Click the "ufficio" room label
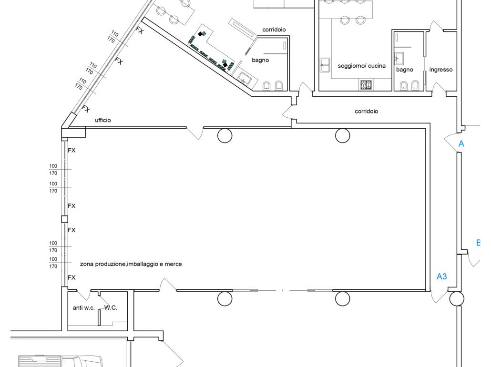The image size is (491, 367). coord(102,120)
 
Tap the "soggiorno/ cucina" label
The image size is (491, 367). coord(361,66)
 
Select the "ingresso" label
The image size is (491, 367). coord(440,70)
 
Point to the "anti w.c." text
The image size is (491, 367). coord(83,308)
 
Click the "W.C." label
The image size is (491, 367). coord(111,308)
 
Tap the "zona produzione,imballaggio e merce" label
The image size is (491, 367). coord(131,264)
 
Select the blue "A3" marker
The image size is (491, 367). coord(441,276)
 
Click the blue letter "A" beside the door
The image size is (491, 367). coord(461,144)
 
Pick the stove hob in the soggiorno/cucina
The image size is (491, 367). coord(366,84)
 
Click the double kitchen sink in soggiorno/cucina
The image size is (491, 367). coord(325,65)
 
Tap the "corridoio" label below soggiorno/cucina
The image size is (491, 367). coord(367,111)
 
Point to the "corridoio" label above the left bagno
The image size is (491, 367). coord(274,30)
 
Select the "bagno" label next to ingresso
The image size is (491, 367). coord(405,70)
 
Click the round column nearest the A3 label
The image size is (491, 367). coord(457,299)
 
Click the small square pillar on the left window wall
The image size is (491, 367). coord(64,219)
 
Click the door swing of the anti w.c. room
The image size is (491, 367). coord(84,295)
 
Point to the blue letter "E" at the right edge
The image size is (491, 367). coord(478,243)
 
